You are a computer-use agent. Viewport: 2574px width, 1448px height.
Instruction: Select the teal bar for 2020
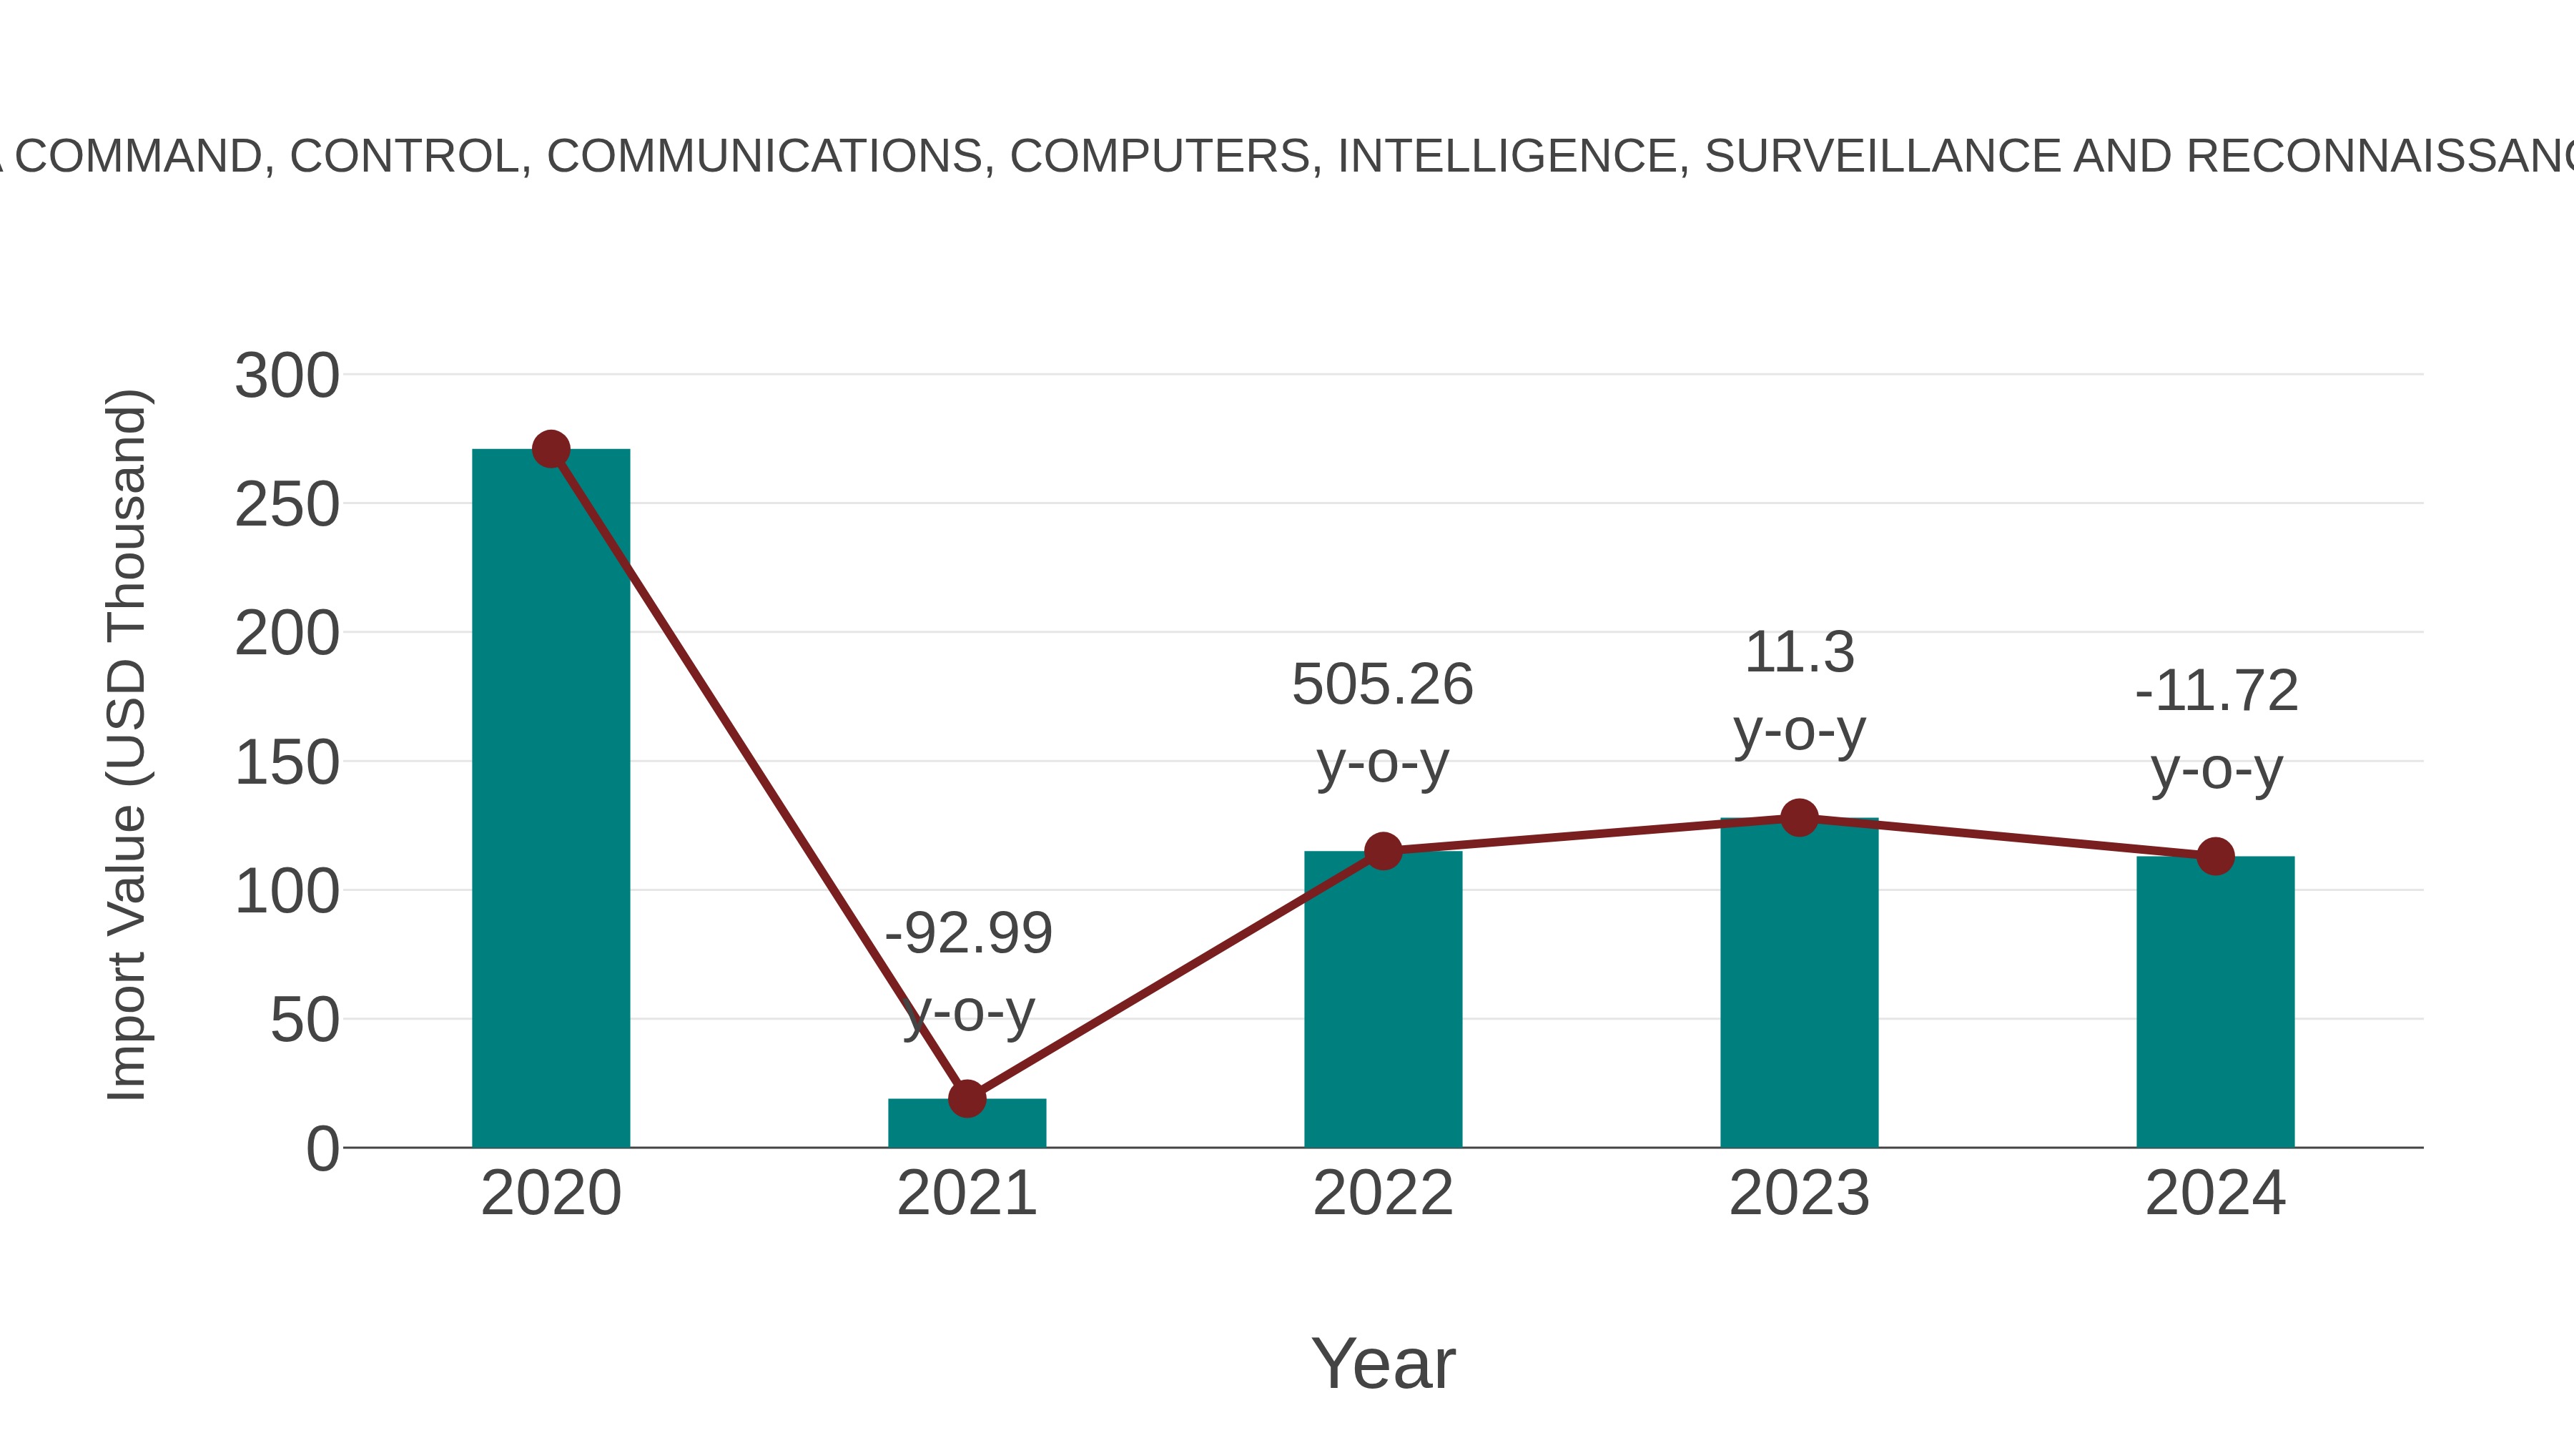pos(551,799)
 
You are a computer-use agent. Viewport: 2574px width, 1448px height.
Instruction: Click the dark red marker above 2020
pos(551,450)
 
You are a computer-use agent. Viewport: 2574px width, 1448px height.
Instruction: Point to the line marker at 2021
pos(966,1098)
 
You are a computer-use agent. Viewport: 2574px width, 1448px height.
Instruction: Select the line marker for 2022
pos(1383,852)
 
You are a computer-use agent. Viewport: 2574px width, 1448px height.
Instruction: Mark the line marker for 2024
pos(2215,857)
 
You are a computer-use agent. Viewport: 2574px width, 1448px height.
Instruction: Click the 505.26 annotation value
pos(1382,686)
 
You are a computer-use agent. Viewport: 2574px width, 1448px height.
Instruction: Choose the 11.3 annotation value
pos(1799,654)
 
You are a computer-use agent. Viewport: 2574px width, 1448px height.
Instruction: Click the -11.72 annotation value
pos(2216,691)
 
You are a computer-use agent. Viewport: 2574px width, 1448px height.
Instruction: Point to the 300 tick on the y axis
pos(287,377)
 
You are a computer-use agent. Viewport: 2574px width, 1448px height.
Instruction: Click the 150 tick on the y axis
pos(287,764)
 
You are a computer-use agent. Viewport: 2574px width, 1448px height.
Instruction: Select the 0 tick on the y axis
pos(322,1149)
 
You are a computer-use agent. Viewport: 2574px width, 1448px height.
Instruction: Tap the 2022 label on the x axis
pos(1383,1194)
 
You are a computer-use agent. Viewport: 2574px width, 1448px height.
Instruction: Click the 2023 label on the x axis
pos(1799,1194)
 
